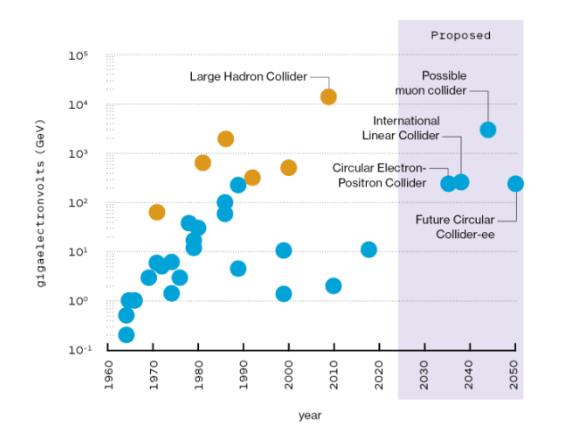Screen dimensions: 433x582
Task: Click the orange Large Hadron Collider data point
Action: [328, 96]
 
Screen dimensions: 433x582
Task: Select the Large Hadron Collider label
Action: [248, 76]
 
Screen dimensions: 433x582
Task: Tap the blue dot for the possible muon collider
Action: [487, 129]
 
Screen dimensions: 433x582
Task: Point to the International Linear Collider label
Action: [406, 128]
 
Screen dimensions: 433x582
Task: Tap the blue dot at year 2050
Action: [515, 184]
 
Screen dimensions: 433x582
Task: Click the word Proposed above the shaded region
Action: [461, 36]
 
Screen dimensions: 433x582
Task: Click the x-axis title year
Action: [310, 415]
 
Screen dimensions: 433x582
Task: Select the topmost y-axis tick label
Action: [88, 55]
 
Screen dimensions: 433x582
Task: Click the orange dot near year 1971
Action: [157, 212]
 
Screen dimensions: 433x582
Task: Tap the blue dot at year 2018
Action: [369, 249]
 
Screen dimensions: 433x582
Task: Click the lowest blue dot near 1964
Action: [126, 335]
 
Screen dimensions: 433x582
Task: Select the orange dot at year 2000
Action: [288, 168]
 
